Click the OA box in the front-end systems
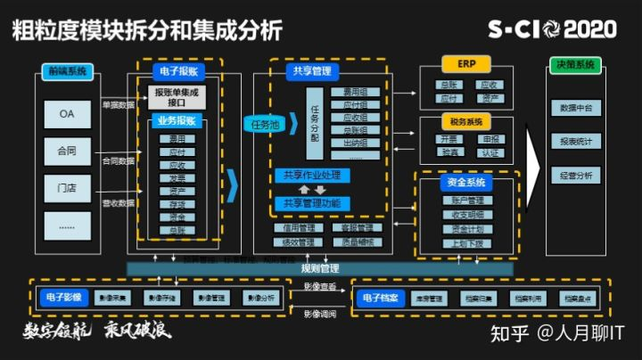tap(68, 114)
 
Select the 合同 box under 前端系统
tap(68, 151)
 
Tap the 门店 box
tap(68, 187)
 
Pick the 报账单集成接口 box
tap(179, 96)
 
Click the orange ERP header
tap(467, 65)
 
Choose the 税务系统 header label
tap(467, 121)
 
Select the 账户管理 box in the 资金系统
tap(467, 200)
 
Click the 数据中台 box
tap(575, 108)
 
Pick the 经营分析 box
tap(575, 176)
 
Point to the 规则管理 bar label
tap(320, 268)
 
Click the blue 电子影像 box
tap(64, 299)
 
